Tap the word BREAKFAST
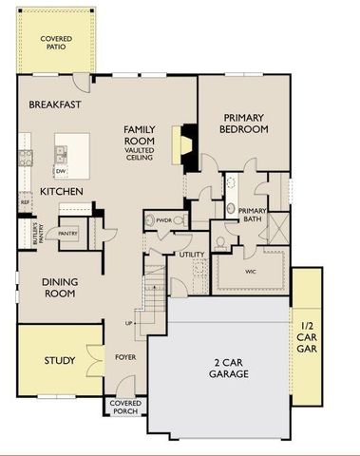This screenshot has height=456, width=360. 52,104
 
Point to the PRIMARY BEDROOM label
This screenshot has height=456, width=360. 242,123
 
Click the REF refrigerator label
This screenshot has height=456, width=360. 25,201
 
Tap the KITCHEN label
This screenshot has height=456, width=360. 61,192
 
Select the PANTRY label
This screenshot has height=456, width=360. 68,232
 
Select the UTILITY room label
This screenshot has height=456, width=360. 192,255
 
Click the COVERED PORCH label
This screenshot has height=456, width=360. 126,407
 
